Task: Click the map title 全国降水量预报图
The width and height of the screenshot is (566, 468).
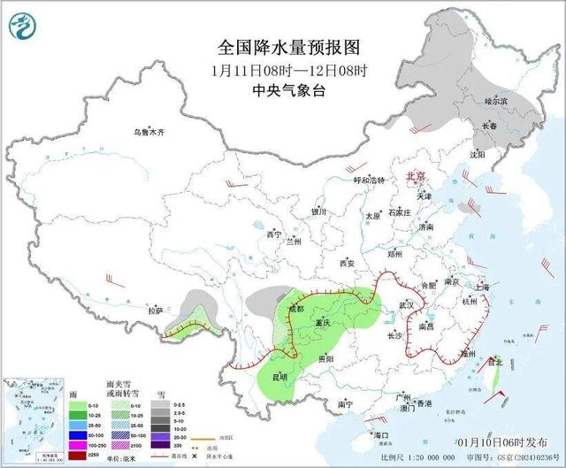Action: (289, 47)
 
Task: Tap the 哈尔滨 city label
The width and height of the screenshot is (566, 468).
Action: (496, 103)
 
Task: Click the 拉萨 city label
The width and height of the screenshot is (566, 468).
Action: (157, 311)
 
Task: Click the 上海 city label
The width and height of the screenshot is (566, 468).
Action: (482, 288)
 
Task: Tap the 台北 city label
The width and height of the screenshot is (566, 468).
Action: (494, 361)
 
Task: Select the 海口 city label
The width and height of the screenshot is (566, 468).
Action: (381, 435)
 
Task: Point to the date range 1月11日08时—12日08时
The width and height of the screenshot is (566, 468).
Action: (289, 69)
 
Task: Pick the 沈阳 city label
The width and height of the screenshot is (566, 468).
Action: (478, 154)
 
